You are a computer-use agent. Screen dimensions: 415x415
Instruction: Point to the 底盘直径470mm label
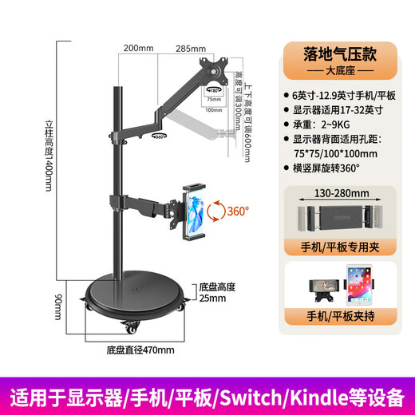coord(140,349)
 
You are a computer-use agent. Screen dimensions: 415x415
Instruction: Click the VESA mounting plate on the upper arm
coord(214,69)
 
